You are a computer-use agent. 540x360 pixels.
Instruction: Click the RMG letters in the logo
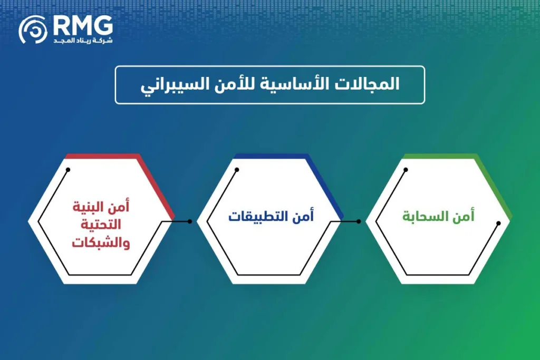[83, 25]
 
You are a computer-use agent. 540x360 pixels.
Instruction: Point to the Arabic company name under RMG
[83, 41]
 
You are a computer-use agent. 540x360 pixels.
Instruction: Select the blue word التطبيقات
[258, 216]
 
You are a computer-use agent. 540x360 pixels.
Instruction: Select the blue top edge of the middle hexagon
[270, 156]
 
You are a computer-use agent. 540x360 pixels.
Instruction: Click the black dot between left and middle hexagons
[190, 221]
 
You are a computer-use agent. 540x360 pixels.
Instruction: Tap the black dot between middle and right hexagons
[359, 221]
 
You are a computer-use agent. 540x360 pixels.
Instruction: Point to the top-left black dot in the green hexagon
[406, 170]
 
